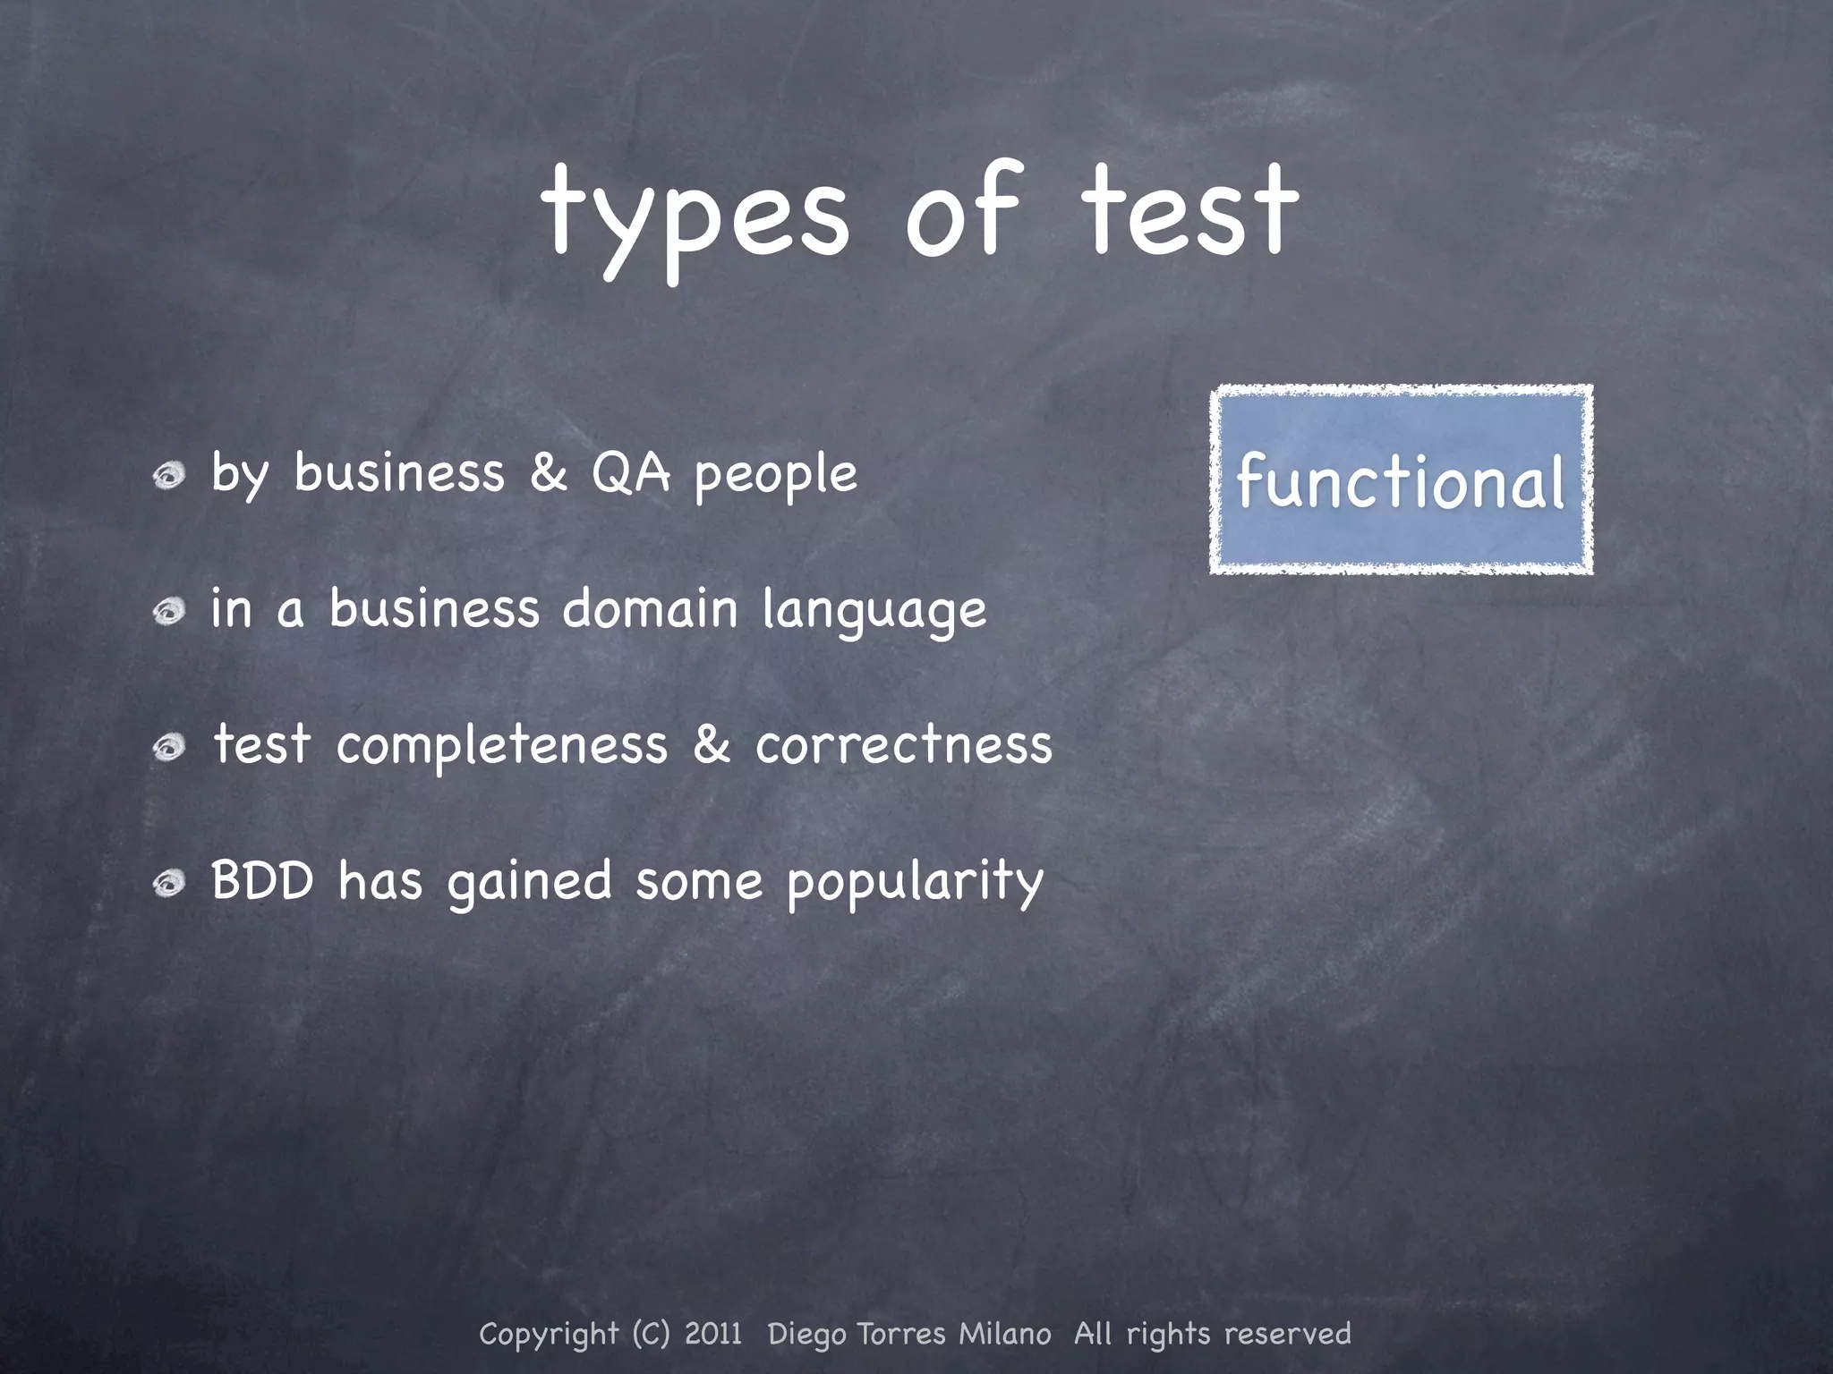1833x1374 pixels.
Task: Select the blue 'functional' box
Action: [1401, 480]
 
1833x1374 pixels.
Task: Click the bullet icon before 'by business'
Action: [167, 475]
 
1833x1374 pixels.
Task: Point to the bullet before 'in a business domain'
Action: [167, 612]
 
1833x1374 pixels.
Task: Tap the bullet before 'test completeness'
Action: [167, 747]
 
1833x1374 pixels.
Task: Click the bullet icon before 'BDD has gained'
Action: [167, 884]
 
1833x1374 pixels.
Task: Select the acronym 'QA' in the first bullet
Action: [630, 473]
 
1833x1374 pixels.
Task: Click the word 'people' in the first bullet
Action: [776, 475]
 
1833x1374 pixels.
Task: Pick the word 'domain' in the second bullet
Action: [650, 609]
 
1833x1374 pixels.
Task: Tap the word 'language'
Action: [874, 612]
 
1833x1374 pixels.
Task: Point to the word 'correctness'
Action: [903, 745]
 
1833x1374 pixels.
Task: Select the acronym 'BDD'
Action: [262, 880]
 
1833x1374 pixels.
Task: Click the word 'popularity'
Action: [915, 883]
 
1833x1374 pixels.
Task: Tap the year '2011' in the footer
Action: [713, 1334]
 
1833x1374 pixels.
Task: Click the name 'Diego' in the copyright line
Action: [806, 1335]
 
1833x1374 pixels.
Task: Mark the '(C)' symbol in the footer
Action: [651, 1334]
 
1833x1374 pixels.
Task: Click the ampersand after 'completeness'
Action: [712, 745]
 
